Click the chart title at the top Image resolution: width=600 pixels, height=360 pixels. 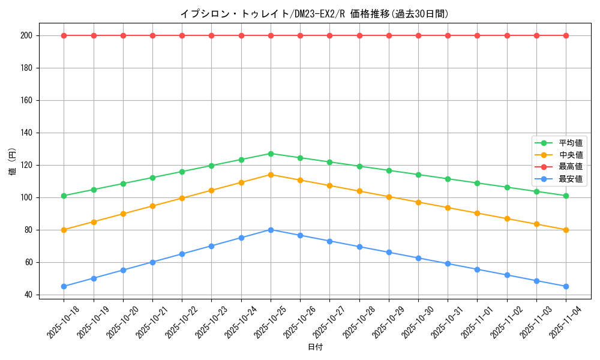314,14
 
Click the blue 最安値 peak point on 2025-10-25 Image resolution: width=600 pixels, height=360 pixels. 271,230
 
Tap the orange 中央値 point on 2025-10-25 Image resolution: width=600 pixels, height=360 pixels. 271,175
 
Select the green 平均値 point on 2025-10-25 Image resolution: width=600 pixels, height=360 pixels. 271,154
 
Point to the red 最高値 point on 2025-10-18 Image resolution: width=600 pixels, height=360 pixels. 64,35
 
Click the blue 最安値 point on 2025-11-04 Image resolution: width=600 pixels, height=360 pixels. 566,286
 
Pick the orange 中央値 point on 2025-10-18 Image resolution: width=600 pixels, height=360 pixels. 64,230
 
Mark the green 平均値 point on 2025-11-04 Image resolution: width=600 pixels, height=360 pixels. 566,196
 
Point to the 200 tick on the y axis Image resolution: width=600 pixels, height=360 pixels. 26,35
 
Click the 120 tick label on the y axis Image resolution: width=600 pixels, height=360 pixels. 26,165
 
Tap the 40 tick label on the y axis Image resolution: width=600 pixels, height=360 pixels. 28,295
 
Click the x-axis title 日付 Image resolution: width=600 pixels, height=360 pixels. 315,347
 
